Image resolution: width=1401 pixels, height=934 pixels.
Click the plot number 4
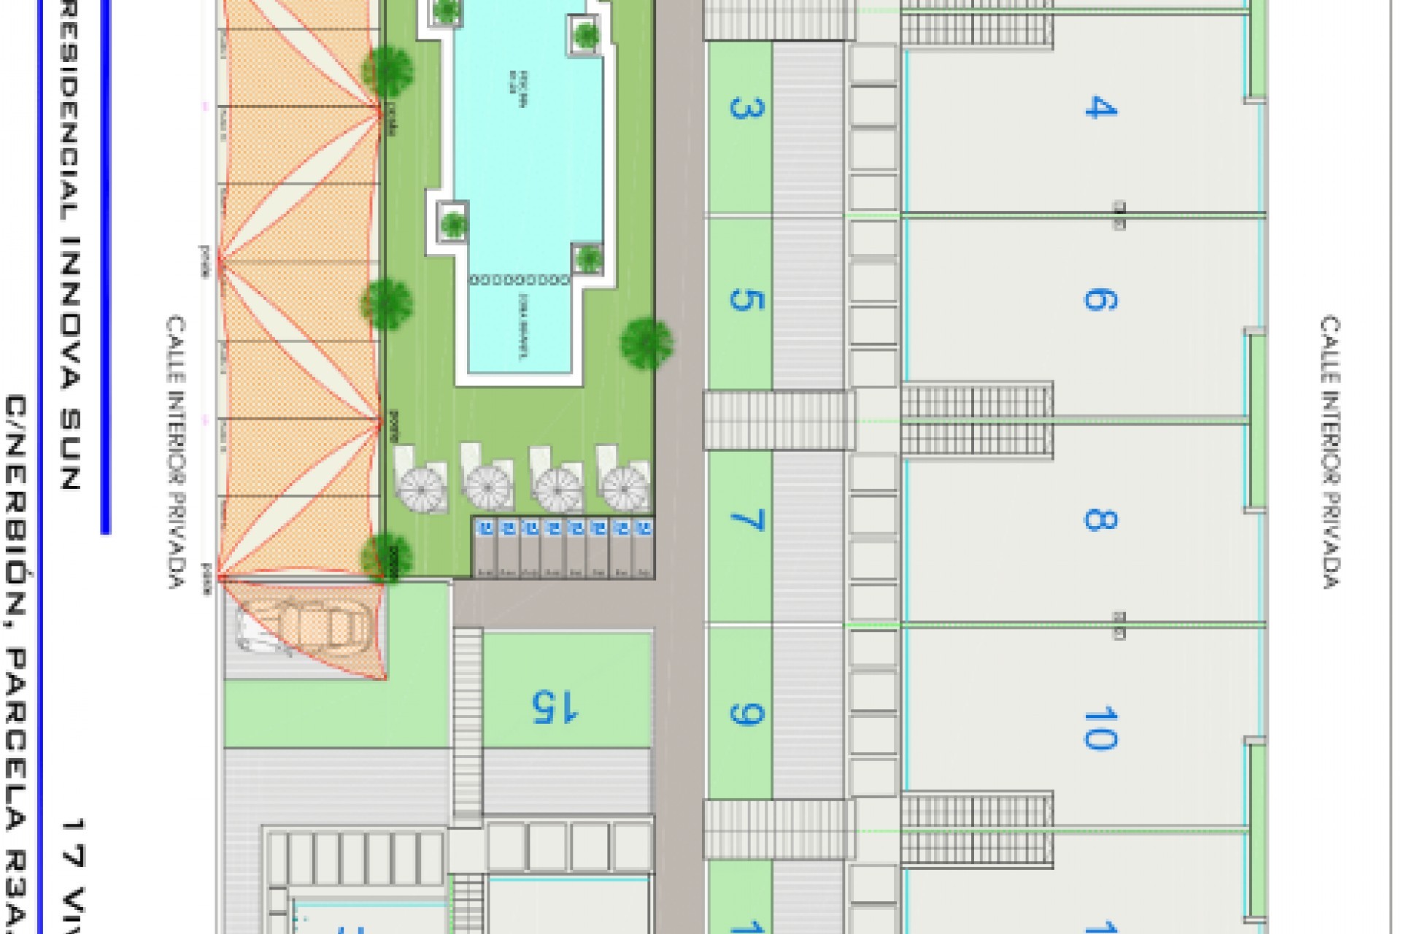coord(1100,108)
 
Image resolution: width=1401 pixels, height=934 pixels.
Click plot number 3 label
coord(746,108)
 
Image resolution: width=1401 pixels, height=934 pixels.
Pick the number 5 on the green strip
coord(746,300)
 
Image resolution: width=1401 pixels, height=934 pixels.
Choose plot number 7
coord(746,520)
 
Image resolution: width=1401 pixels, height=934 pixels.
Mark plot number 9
coord(746,714)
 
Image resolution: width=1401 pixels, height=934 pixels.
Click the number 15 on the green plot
coord(555,706)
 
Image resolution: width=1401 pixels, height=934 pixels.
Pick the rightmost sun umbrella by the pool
coord(626,487)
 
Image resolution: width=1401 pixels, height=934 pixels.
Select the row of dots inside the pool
coord(520,279)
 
